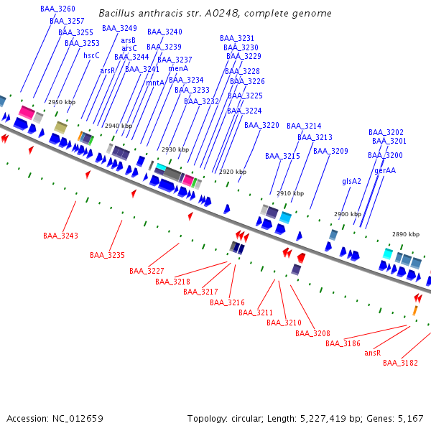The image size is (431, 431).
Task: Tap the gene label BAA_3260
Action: (57, 9)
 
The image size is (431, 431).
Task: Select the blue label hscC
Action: (91, 55)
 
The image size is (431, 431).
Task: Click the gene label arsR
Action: (107, 70)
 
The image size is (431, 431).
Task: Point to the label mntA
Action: (155, 83)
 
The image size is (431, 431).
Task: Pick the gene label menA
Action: (178, 68)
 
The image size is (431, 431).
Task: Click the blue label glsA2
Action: (351, 182)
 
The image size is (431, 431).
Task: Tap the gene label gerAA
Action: (385, 170)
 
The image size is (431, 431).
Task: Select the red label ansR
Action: (372, 353)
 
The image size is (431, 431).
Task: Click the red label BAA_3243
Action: (60, 236)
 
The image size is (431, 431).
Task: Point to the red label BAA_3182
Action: (400, 363)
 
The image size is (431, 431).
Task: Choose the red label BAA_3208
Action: (312, 333)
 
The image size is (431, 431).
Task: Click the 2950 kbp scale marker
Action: (61, 103)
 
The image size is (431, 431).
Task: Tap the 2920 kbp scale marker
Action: (233, 172)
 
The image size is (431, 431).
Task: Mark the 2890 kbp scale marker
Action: (406, 234)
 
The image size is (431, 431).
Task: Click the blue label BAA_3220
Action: (261, 125)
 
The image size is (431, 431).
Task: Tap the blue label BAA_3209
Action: (330, 151)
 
